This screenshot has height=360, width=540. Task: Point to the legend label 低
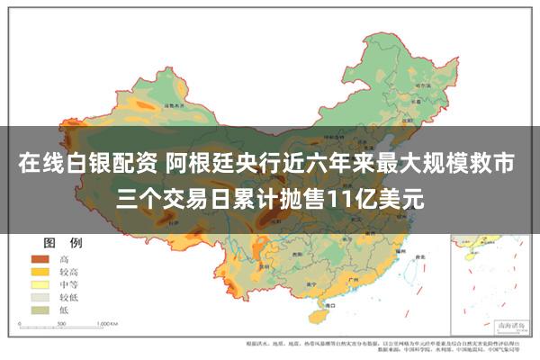(x=63, y=308)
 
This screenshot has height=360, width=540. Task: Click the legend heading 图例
(x=62, y=243)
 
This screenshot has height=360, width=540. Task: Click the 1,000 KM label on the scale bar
(x=107, y=323)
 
